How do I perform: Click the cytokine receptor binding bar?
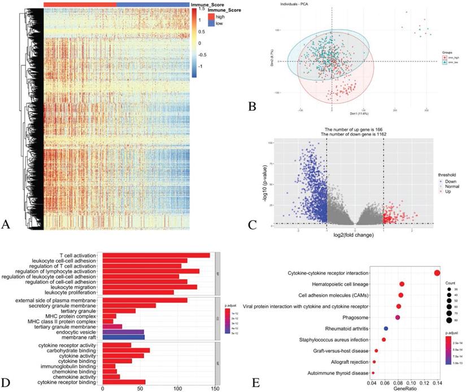124,382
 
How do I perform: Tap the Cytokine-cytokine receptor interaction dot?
437,273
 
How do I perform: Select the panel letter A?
6,224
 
